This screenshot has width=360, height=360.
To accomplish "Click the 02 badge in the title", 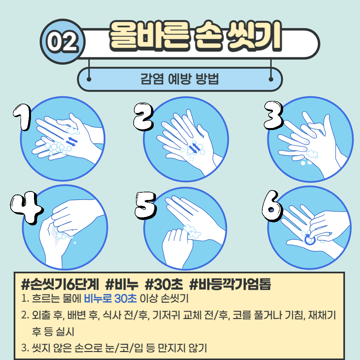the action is pos(62,42).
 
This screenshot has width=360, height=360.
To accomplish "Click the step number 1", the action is pos(22,117).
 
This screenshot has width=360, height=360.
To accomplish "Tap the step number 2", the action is pos(143,117).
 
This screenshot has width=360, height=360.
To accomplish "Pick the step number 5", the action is pos(146,205).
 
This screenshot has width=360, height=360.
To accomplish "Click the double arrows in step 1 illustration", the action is pos(72,141).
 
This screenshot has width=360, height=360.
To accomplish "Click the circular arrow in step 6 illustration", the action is pos(310,240).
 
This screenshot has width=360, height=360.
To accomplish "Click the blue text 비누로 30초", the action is pos(110,298).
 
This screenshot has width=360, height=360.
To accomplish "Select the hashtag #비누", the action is pos(122,284).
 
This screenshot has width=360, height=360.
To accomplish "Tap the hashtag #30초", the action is pos(164,284).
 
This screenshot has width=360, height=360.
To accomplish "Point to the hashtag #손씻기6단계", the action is pos(60,284).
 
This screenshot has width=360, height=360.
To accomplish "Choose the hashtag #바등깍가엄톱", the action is pos(230,284).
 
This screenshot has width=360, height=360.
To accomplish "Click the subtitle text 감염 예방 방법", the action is pos(180,79).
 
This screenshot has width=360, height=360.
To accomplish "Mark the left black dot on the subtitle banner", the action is pos(89,79).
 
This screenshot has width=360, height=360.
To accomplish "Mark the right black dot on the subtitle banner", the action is pos(271,79).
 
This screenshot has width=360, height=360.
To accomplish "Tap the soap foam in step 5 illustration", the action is pos(192,231).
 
